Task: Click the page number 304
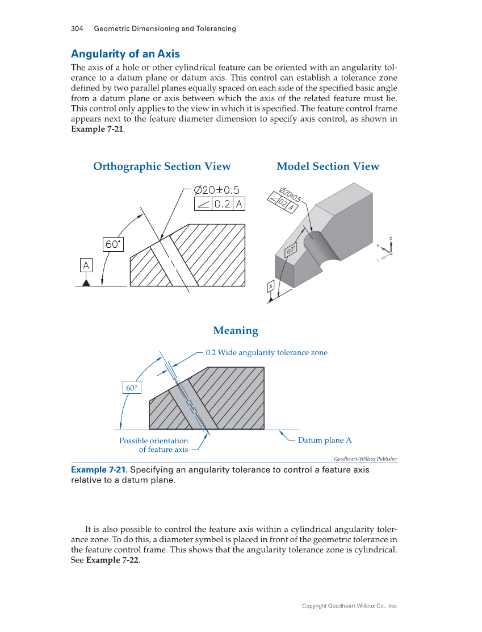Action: point(77,28)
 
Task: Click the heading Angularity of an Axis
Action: point(125,54)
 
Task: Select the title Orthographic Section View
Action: point(162,167)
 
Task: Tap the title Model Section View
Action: point(328,167)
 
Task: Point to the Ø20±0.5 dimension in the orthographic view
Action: point(216,190)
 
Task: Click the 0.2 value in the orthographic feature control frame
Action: point(222,204)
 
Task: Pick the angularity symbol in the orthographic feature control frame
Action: point(203,204)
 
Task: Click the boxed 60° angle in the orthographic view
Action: point(113,244)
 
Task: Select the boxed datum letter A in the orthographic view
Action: point(86,265)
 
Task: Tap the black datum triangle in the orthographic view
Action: point(86,282)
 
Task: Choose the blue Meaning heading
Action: point(235,331)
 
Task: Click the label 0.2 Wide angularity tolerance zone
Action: point(266,352)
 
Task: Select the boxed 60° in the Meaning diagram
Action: point(131,388)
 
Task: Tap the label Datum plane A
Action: point(325,440)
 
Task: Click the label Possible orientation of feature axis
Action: point(154,445)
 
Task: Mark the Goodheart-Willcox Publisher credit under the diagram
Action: point(365,459)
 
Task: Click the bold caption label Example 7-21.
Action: point(99,470)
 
